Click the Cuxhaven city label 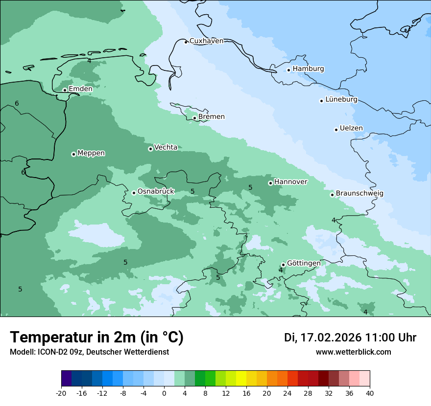206,41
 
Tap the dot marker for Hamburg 289,70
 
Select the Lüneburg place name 341,100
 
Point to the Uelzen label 351,129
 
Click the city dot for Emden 65,90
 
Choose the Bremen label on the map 212,117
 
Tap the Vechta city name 166,147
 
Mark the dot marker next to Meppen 73,154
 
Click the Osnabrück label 156,192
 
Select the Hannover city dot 270,183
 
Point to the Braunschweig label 359,194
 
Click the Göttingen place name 304,263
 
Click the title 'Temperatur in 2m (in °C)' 96,338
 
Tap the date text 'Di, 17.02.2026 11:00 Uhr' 350,338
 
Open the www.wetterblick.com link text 353,352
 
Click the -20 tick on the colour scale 61,393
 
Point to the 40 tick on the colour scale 370,393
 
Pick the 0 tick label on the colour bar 164,393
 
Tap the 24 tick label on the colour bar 287,393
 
